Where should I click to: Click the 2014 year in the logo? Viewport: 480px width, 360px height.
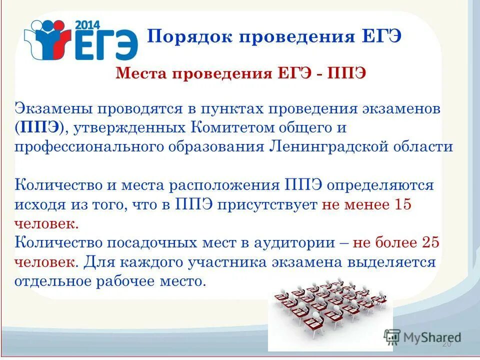pos(88,24)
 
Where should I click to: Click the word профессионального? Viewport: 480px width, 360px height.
pos(83,147)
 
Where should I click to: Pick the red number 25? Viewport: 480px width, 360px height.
pos(429,243)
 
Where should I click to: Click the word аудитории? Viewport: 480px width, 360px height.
pos(292,243)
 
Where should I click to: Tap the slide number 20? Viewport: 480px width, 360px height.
pos(446,345)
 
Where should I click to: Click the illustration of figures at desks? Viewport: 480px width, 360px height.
pos(330,307)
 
